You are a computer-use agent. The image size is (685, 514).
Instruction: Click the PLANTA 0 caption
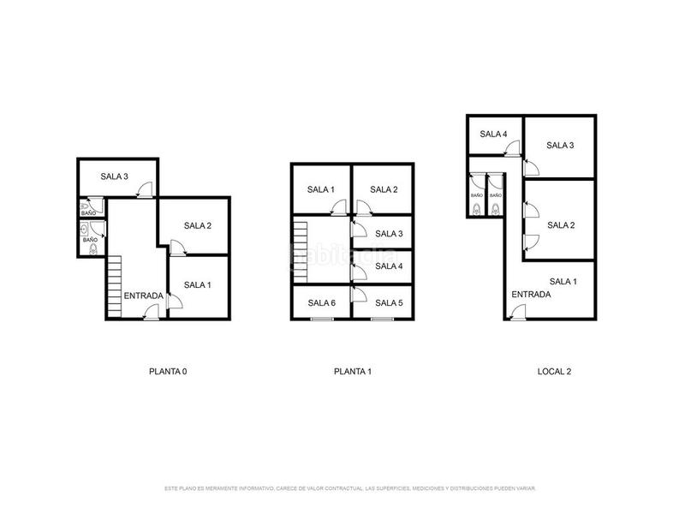[168, 372]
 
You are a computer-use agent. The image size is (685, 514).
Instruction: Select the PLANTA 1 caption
[352, 372]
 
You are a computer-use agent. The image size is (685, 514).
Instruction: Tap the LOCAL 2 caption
[554, 372]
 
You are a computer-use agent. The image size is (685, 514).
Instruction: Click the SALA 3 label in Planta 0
[114, 176]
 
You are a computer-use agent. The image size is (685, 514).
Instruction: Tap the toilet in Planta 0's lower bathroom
[92, 252]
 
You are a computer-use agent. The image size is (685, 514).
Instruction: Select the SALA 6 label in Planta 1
[322, 302]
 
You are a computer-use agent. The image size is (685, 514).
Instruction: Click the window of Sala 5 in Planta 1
[383, 320]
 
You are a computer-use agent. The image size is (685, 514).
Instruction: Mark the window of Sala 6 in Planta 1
[322, 320]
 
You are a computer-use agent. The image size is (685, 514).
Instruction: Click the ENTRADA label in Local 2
[531, 295]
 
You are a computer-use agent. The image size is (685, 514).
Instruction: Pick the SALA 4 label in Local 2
[493, 134]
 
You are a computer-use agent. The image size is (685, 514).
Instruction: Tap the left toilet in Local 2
[477, 208]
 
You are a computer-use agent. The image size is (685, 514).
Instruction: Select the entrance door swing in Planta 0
[151, 315]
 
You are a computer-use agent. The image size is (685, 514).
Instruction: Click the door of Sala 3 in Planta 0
[146, 190]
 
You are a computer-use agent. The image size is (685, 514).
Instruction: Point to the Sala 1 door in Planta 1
[339, 206]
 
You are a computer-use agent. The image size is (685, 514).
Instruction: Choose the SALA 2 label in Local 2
[560, 225]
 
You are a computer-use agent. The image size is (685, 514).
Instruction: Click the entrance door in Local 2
[516, 315]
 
